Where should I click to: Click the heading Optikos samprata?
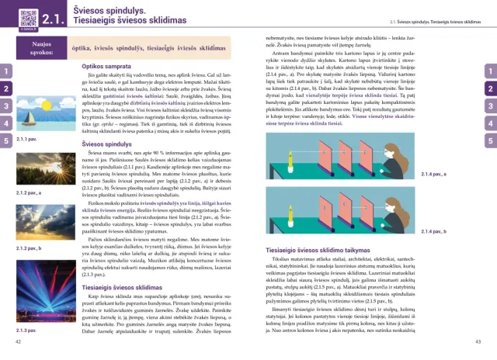(x=106, y=67)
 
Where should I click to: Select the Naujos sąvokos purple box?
(x=37, y=47)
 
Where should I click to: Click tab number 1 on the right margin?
(x=490, y=72)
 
